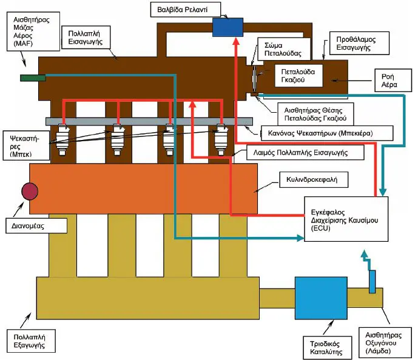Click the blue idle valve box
pos(228,27)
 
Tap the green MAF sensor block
pos(33,78)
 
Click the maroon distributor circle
pos(30,191)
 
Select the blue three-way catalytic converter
pos(321,298)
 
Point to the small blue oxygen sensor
pos(372,282)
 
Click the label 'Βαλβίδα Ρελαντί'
pos(183,10)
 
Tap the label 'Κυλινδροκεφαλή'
pos(312,179)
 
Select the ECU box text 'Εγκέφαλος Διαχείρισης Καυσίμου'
pos(345,216)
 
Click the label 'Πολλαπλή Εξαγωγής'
pos(29,341)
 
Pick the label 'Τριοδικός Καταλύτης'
pos(326,348)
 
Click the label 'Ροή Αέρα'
pos(389,81)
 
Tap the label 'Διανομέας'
pos(28,226)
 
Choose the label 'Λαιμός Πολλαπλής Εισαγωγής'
pos(300,153)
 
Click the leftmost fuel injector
pos(62,139)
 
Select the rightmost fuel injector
pos(221,139)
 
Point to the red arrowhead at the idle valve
pos(236,41)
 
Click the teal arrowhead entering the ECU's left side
pos(300,238)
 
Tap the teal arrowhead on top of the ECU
pos(383,192)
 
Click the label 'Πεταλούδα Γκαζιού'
pos(298,76)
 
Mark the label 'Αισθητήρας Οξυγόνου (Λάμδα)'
pos(383,343)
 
